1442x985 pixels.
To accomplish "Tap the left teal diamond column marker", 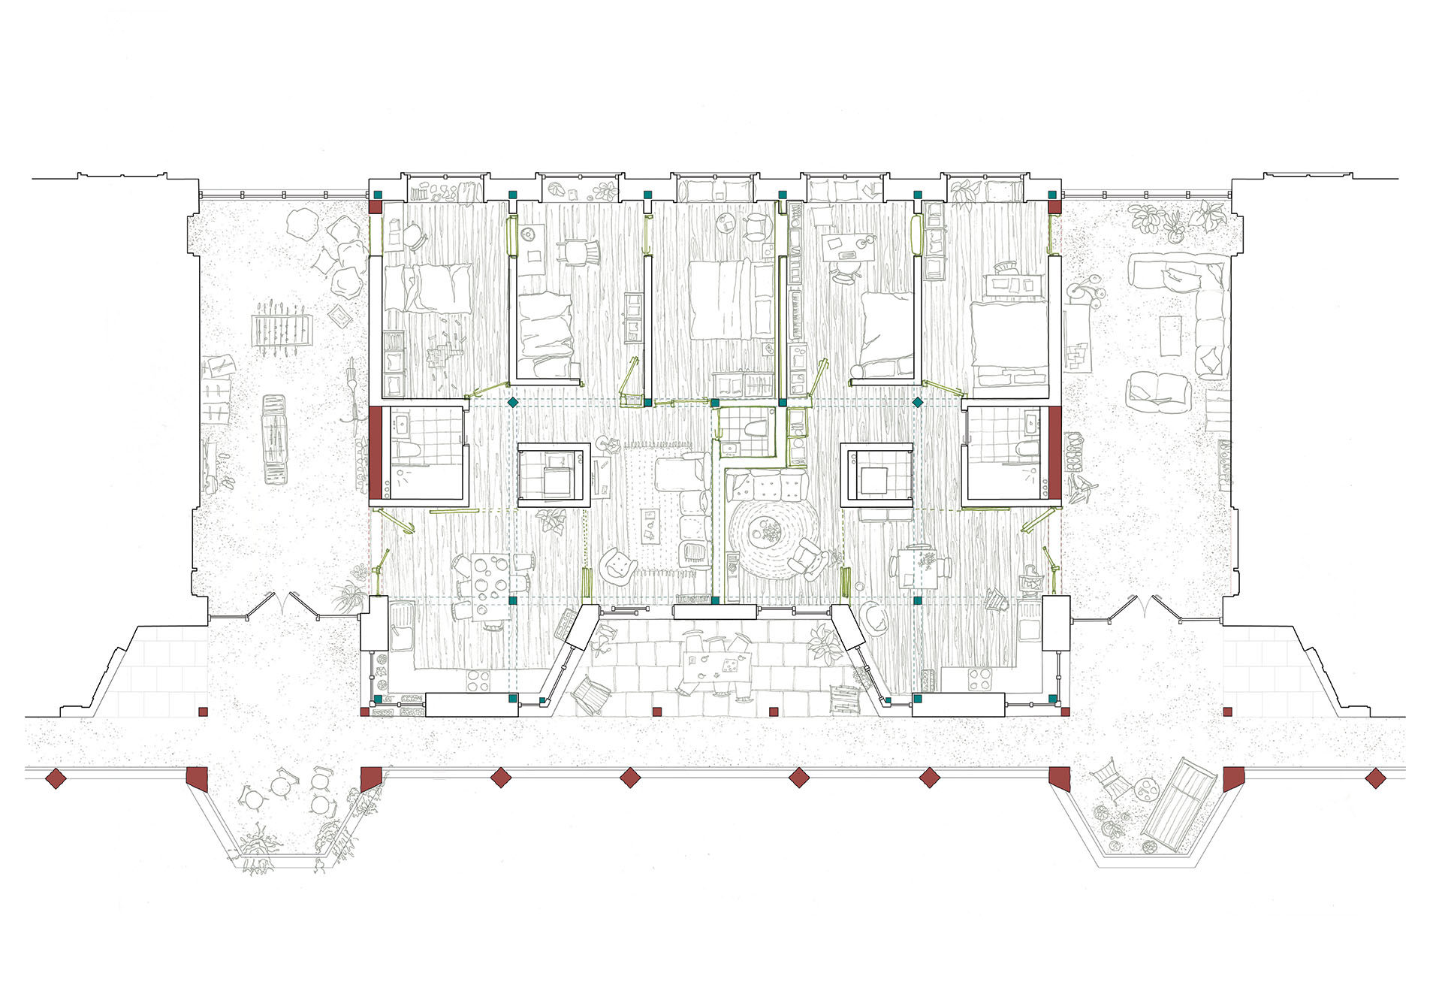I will pyautogui.click(x=513, y=403).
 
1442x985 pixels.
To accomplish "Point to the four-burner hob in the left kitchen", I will pyautogui.click(x=478, y=679).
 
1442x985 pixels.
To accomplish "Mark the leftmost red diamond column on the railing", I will pyautogui.click(x=56, y=778).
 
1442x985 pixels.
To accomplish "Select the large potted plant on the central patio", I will pyautogui.click(x=825, y=644).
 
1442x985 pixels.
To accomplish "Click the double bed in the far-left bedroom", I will pyautogui.click(x=428, y=288).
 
